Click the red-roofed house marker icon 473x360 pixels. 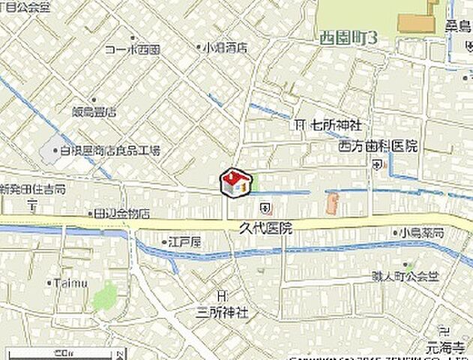pos(234,182)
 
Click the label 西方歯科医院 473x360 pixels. pos(378,146)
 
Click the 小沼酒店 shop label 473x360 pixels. pos(225,47)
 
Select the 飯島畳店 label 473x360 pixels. pos(95,111)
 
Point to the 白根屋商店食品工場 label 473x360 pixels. pos(110,151)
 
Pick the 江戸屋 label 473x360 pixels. pos(186,242)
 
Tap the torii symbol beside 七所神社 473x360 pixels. pos(301,124)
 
